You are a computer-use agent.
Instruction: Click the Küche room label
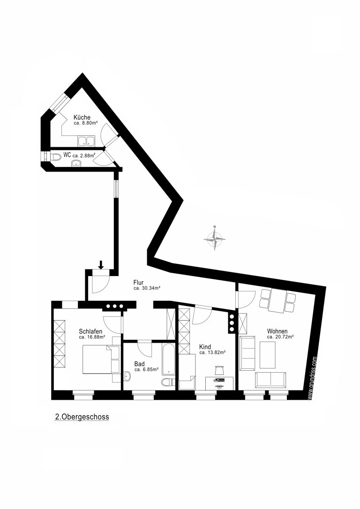pyautogui.click(x=82, y=117)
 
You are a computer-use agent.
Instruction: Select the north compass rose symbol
pyautogui.click(x=214, y=239)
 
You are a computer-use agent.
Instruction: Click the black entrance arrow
pyautogui.click(x=101, y=265)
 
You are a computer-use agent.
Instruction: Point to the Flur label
pyautogui.click(x=138, y=283)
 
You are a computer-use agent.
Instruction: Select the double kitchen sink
pyautogui.click(x=86, y=141)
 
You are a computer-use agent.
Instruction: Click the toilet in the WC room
pyautogui.click(x=56, y=157)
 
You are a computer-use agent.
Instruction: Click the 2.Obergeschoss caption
pyautogui.click(x=82, y=417)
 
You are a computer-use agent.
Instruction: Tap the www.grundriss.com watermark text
pyautogui.click(x=311, y=377)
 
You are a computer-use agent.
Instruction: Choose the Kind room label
pyautogui.click(x=205, y=347)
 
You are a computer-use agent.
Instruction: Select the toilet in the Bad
pyautogui.click(x=167, y=382)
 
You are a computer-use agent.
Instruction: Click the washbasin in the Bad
pyautogui.click(x=127, y=377)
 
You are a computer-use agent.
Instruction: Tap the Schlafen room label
pyautogui.click(x=90, y=331)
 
